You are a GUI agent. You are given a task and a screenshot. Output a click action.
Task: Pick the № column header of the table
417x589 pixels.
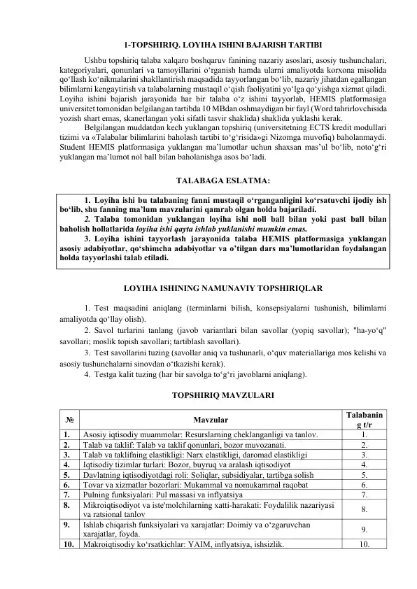71,420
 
